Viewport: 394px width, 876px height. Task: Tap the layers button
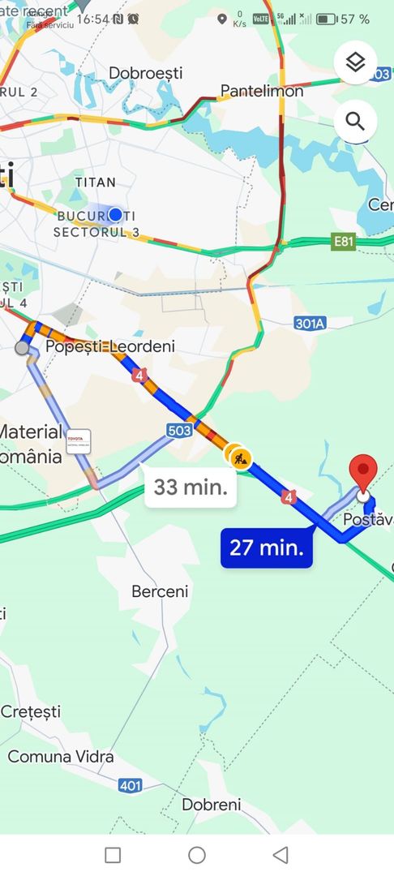[x=355, y=62]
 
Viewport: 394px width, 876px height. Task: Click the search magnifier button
[x=355, y=122]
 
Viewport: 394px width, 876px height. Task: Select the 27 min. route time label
[x=267, y=547]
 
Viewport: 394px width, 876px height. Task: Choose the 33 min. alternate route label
[x=191, y=487]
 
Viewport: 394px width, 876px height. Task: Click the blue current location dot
[x=115, y=214]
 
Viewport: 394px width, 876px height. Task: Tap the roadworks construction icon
[x=240, y=457]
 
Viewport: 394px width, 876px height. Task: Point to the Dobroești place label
[x=146, y=74]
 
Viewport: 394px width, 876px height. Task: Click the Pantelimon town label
[x=262, y=91]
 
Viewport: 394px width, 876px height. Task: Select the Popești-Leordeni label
[x=110, y=346]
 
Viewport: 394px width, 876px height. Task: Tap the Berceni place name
[x=160, y=592]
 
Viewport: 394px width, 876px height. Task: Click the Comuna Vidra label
[x=61, y=757]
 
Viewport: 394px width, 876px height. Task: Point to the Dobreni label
[x=212, y=805]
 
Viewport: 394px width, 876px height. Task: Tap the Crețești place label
[x=31, y=711]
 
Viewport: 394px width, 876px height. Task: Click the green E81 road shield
[x=344, y=241]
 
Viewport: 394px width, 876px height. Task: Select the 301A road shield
[x=310, y=324]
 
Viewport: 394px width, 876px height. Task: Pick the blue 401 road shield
[x=130, y=785]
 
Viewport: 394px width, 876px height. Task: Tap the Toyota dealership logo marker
[x=79, y=441]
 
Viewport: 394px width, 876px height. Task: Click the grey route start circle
[x=22, y=348]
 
